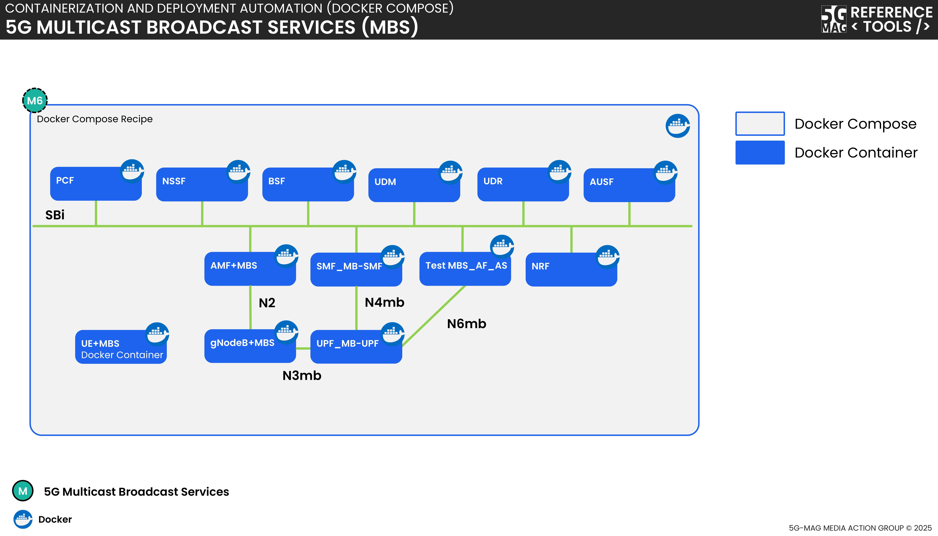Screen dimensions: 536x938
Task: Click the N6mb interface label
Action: [x=466, y=324]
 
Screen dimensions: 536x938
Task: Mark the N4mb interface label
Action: [x=384, y=302]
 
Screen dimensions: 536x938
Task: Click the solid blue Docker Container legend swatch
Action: [x=760, y=152]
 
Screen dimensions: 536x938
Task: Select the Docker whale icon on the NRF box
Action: [x=607, y=257]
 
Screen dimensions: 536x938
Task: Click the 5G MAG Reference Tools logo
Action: [x=876, y=19]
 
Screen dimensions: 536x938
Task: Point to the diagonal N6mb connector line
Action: [x=434, y=317]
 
